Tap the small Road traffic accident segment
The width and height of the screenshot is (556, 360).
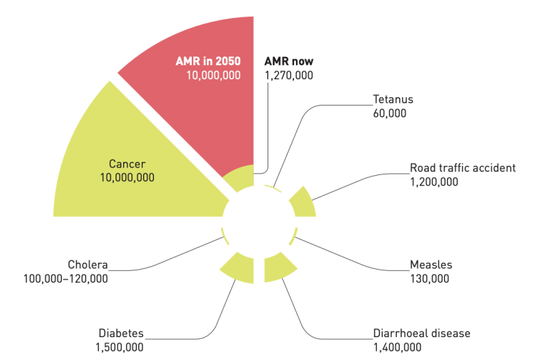click(303, 202)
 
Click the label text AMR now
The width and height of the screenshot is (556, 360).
click(289, 60)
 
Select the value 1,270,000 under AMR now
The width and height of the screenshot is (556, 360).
click(289, 74)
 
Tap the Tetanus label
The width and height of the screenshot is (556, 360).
click(393, 99)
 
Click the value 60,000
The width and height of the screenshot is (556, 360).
click(389, 113)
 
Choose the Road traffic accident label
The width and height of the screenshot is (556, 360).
click(463, 167)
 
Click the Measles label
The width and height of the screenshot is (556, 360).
click(431, 265)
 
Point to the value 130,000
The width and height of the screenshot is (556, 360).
click(430, 279)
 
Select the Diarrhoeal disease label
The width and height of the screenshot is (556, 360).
click(422, 334)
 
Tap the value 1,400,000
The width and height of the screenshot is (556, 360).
click(398, 347)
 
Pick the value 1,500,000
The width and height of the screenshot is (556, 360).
click(120, 347)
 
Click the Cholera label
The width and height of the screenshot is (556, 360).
click(88, 265)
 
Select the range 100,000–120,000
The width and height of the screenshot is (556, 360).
click(65, 279)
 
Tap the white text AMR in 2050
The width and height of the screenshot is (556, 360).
click(207, 60)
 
